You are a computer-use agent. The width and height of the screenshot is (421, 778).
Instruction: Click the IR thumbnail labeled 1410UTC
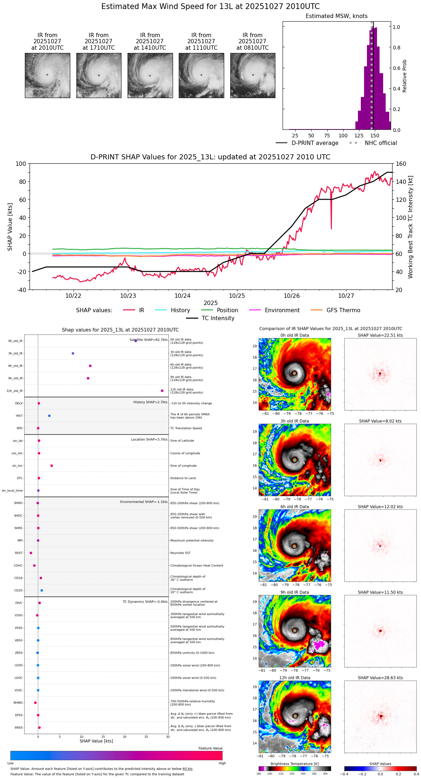[x=150, y=75]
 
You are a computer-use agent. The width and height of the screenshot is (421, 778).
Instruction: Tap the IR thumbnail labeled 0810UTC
[x=253, y=75]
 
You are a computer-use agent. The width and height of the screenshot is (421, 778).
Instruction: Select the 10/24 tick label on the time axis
[x=182, y=296]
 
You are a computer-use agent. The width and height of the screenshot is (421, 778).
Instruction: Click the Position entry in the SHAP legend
[x=227, y=310]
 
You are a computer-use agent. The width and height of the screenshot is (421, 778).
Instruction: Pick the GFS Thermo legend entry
[x=343, y=310]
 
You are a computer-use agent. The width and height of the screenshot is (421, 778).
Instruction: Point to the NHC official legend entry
[x=380, y=143]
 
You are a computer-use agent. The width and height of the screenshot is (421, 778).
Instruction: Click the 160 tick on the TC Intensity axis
[x=401, y=164]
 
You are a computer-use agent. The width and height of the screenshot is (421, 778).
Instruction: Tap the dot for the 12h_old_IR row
[x=162, y=390]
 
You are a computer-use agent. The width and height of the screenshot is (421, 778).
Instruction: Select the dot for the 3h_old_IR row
[x=73, y=353]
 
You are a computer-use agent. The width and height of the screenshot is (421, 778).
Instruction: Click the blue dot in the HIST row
[x=49, y=416]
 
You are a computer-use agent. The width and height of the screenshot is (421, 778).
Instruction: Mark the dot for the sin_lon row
[x=52, y=465]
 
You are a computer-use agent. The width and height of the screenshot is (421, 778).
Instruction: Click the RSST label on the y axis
[x=19, y=553]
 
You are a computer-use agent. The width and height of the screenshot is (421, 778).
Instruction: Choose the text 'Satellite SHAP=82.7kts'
[x=149, y=340]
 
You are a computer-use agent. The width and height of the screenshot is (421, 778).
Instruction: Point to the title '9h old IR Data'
[x=294, y=592]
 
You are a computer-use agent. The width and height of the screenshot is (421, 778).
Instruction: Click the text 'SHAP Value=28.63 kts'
[x=380, y=677]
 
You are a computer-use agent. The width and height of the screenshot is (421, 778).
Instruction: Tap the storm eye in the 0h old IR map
[x=294, y=373]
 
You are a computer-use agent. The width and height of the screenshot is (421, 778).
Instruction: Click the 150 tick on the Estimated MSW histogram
[x=375, y=136]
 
